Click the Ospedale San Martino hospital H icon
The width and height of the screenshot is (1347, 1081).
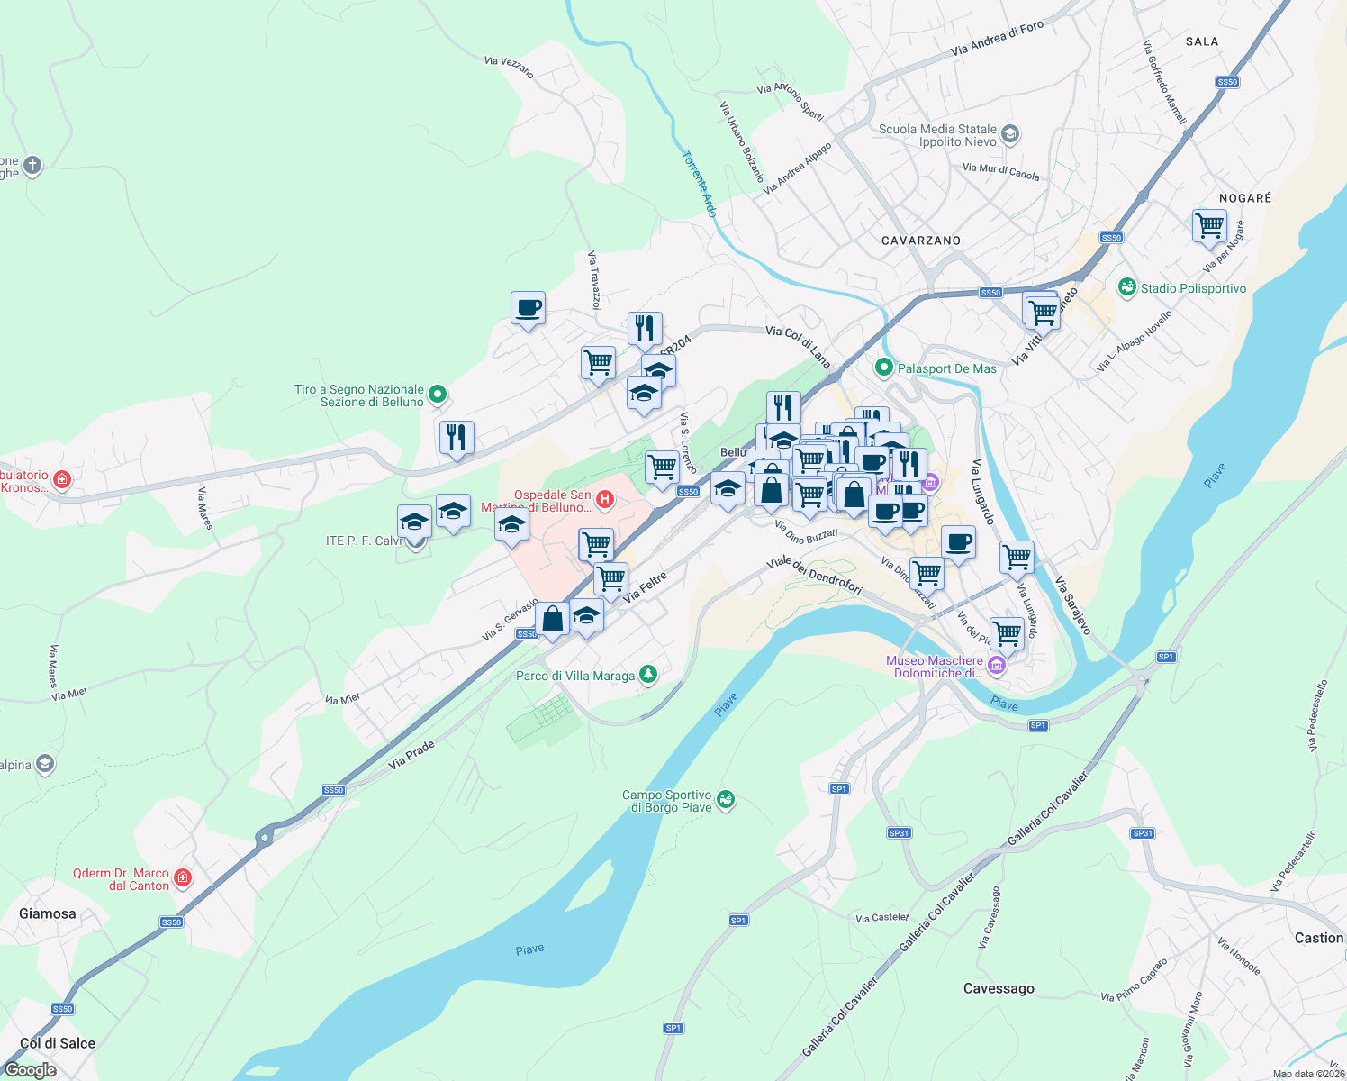(x=605, y=498)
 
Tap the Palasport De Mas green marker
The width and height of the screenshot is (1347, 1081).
(x=884, y=368)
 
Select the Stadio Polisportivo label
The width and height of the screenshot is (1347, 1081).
(x=1193, y=288)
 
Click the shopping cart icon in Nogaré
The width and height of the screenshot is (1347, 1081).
(x=1209, y=225)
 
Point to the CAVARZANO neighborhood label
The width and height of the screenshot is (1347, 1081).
(x=920, y=241)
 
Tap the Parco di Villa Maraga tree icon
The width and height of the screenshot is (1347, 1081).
(x=647, y=675)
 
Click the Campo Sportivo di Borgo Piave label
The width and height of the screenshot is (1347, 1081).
(x=667, y=801)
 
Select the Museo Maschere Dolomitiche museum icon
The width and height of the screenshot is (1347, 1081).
(x=996, y=666)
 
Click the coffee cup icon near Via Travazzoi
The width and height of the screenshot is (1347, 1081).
(x=528, y=308)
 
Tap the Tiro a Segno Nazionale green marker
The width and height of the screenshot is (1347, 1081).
(x=438, y=394)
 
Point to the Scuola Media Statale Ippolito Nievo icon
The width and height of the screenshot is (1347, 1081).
(x=1010, y=134)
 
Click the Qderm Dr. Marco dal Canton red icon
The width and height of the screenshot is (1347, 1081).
(x=183, y=877)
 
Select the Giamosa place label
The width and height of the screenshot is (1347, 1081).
(x=48, y=913)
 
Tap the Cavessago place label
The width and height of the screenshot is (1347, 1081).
(x=999, y=988)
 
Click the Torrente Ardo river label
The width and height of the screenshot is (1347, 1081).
(x=699, y=184)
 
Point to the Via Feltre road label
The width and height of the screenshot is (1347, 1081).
(x=645, y=586)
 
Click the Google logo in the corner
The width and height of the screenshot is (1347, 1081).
(x=31, y=1070)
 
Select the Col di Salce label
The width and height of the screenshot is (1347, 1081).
(x=58, y=1043)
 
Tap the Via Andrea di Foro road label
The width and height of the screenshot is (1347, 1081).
(x=997, y=39)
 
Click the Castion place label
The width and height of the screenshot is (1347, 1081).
(x=1318, y=938)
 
